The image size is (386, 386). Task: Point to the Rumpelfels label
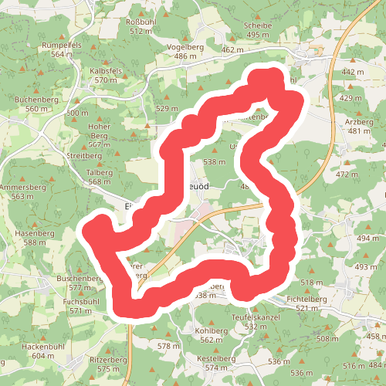61,46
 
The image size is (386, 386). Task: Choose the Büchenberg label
36,100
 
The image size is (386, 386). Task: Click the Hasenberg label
32,233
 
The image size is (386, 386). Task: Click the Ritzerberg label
108,361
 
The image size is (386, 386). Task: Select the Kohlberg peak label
201,330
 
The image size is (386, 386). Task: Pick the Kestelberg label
215,358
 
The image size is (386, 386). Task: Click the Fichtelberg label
302,299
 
